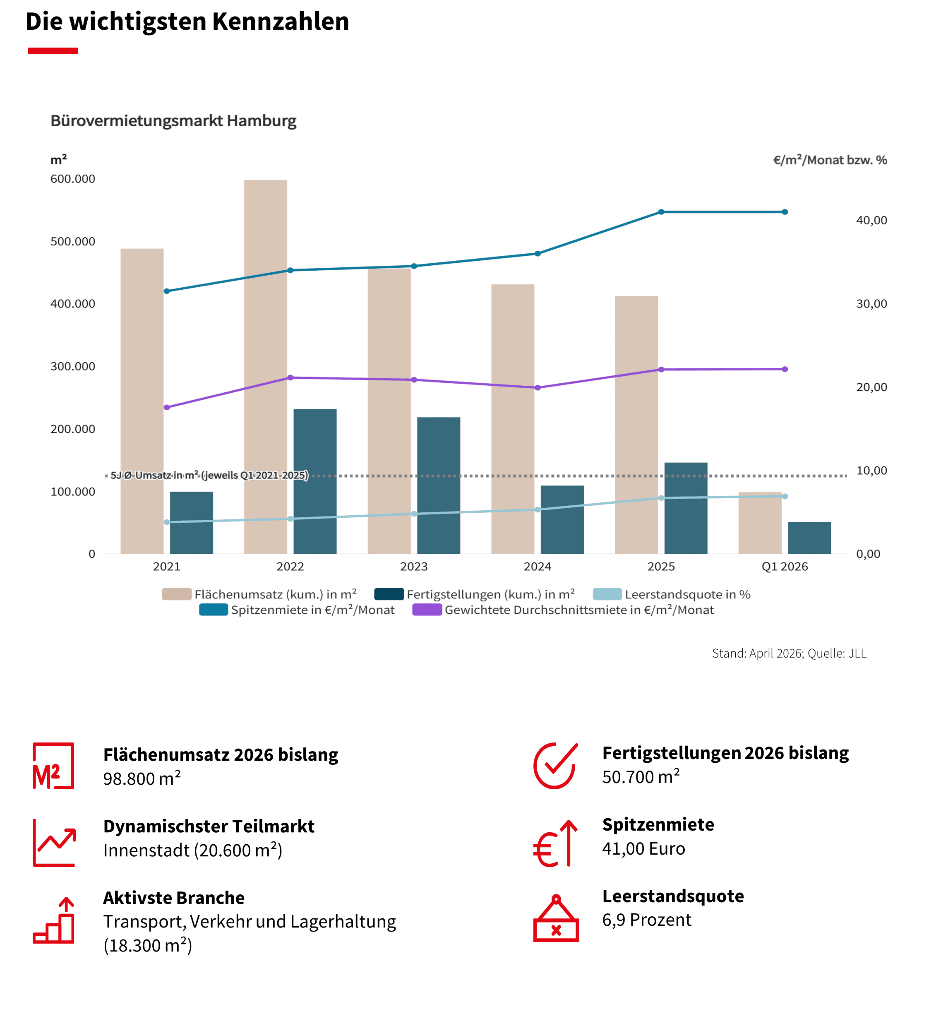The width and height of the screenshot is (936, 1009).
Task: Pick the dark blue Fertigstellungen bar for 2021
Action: coord(192,522)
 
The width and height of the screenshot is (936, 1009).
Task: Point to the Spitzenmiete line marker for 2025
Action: coord(661,212)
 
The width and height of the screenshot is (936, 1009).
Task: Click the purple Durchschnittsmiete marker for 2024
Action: coord(538,387)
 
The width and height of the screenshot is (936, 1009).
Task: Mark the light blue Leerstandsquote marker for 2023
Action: coord(414,514)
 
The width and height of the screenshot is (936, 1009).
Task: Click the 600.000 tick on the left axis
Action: coord(73,179)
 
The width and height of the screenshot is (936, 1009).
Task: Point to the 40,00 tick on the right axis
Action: coord(871,220)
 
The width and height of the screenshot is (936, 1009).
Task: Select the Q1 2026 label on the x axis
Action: coord(785,566)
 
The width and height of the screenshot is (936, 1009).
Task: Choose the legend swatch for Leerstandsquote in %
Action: coord(607,594)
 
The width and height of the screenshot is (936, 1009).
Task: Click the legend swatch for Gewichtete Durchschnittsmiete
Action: coord(427,610)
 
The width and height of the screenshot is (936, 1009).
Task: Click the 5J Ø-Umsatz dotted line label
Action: coord(209,475)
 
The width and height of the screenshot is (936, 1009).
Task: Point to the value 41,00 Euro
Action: coord(643,848)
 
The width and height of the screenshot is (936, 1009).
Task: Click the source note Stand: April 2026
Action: coord(789,653)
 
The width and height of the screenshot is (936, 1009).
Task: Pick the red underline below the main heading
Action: coord(53,50)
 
